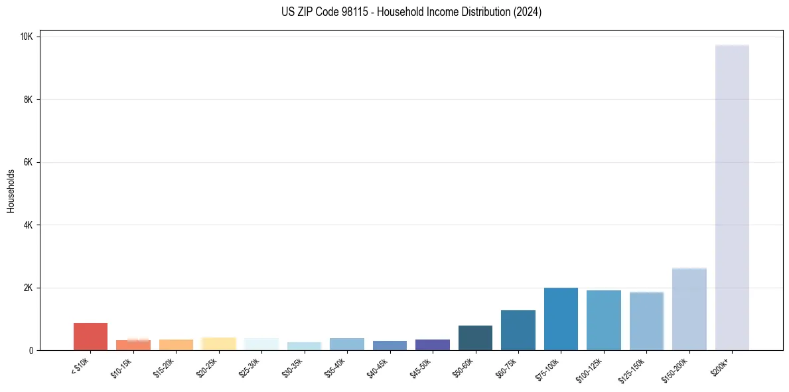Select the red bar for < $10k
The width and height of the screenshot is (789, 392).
click(x=90, y=337)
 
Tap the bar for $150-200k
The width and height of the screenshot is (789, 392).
click(x=689, y=310)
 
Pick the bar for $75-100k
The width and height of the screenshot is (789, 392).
click(x=561, y=320)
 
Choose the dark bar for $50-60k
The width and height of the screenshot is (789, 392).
click(x=475, y=338)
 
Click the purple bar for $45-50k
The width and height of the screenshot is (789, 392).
click(x=433, y=345)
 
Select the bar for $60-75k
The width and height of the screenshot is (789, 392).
click(x=518, y=330)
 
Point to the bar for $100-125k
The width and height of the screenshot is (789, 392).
click(x=604, y=320)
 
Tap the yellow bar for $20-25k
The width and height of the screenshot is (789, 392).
click(x=219, y=344)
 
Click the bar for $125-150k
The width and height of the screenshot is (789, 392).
click(x=646, y=322)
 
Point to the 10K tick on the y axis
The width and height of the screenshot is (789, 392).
click(x=27, y=37)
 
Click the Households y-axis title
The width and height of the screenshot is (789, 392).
click(x=11, y=191)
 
